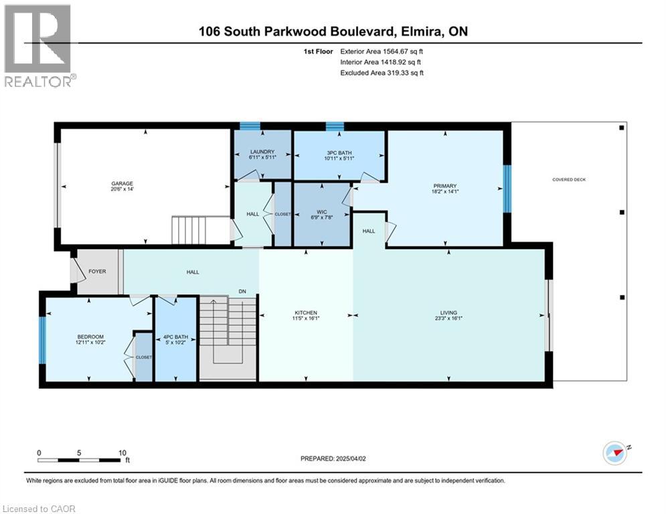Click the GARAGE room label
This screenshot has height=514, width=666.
tap(122, 183)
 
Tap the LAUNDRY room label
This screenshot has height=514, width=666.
tap(262, 152)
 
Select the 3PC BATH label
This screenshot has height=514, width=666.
tap(339, 152)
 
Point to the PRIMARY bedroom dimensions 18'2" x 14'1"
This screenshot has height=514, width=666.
tap(444, 191)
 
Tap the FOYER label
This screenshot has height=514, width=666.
tap(98, 271)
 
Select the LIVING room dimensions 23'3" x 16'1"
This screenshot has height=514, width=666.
tap(448, 319)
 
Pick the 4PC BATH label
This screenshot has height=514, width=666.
tap(175, 337)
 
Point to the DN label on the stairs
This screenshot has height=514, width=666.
tap(244, 291)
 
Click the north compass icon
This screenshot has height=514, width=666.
tap(616, 453)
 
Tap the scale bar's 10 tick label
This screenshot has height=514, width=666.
tap(122, 452)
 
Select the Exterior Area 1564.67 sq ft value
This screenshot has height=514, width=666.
tap(382, 51)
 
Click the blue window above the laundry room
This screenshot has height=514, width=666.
tap(250, 125)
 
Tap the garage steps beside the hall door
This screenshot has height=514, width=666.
tap(199, 230)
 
